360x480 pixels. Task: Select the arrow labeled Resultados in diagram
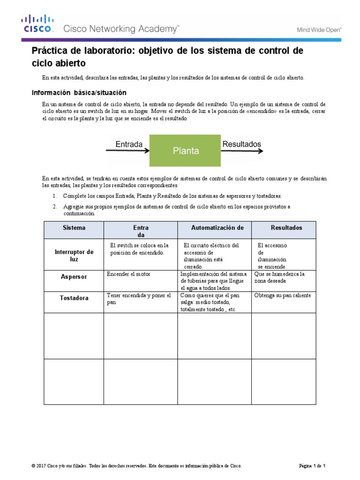coord(242,150)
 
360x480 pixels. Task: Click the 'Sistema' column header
coord(74,228)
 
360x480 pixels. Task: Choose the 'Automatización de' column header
coord(217,228)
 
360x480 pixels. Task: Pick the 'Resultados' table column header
coord(286,228)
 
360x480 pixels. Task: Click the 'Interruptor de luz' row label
coord(74,255)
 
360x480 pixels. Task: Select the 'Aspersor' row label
coord(74,277)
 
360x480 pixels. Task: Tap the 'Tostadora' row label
coord(74,298)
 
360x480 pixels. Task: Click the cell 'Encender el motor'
coord(128,274)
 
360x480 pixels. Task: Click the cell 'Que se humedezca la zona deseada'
coord(279,277)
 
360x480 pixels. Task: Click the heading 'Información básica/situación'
coord(79,92)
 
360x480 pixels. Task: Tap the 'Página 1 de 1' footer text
coord(312,465)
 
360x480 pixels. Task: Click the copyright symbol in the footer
coord(32,465)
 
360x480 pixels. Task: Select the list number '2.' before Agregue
coord(55,206)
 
